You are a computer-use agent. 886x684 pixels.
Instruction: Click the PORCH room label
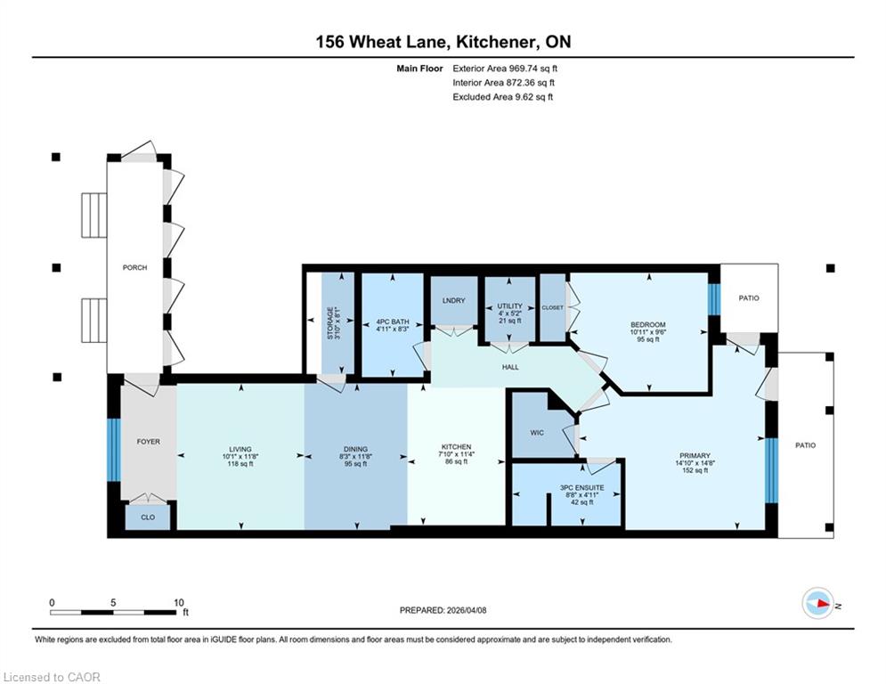click(134, 267)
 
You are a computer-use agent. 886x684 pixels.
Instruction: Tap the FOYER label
click(148, 442)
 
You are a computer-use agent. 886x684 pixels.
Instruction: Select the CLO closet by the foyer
click(148, 517)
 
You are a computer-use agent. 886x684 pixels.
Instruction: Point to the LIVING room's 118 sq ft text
click(240, 463)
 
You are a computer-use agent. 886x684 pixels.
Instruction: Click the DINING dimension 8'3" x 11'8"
click(355, 456)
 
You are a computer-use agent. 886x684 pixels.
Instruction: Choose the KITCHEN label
click(455, 446)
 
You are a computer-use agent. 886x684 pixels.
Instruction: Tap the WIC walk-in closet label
click(537, 433)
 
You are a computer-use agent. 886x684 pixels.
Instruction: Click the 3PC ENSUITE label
click(582, 487)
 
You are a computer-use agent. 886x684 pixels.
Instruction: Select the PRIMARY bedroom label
click(695, 456)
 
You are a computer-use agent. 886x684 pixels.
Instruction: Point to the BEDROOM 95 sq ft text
click(648, 339)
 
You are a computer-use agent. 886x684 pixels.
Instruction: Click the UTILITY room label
click(509, 305)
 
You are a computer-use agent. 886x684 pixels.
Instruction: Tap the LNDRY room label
click(454, 300)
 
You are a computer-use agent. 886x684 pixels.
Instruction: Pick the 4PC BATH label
click(392, 322)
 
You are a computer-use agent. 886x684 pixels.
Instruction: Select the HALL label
click(510, 367)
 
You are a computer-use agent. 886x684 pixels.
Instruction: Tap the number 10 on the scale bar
click(179, 603)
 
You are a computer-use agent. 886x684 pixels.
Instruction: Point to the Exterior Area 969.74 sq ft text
click(505, 69)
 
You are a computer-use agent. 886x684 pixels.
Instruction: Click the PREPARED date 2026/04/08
click(467, 610)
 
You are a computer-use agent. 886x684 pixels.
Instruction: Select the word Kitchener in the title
click(495, 42)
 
